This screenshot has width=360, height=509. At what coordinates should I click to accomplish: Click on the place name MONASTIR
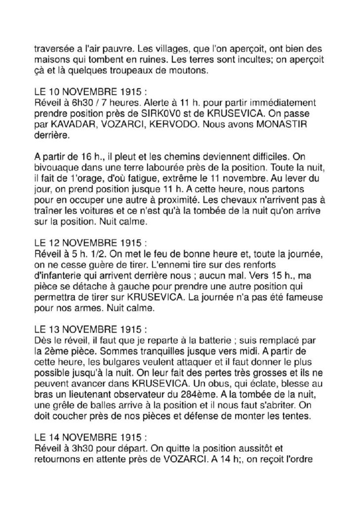tap(296, 125)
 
